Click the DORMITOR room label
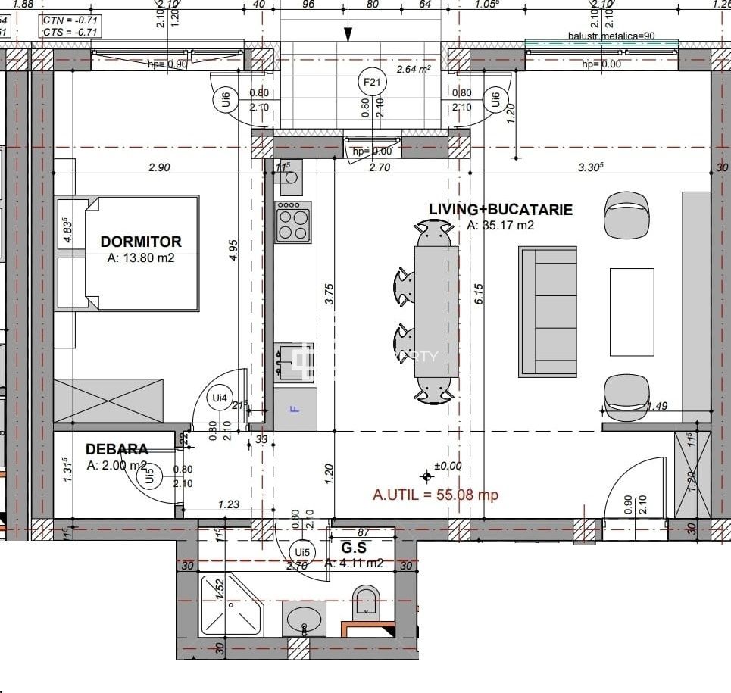coord(141,242)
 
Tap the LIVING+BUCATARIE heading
coord(501,210)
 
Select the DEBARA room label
coord(117,449)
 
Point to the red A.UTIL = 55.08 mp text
coord(436,495)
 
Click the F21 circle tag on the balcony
coord(371,82)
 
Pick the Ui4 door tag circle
coord(220,397)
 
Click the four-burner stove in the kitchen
coord(293,222)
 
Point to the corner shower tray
coord(229,606)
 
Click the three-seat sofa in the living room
coord(548,311)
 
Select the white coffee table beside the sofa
coord(632,311)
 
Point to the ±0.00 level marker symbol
coord(428,476)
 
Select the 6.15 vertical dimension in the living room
coord(478,293)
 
